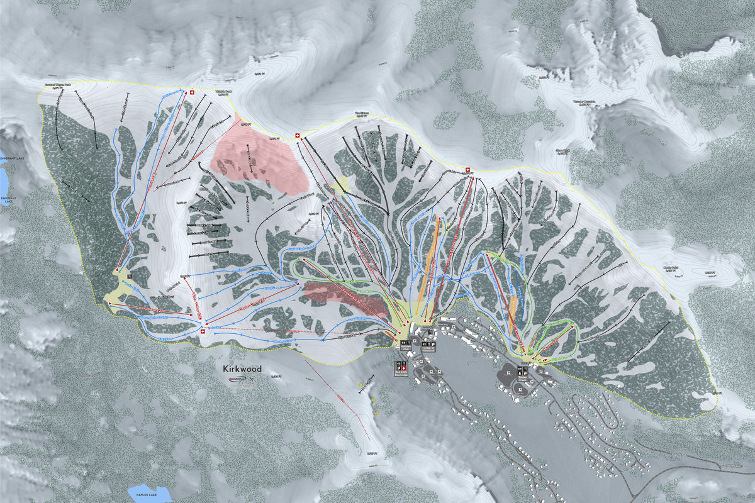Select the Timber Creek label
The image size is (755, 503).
tap(523, 379)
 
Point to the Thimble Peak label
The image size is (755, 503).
tap(224, 93)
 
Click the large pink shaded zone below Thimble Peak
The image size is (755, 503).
tap(258, 160)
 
